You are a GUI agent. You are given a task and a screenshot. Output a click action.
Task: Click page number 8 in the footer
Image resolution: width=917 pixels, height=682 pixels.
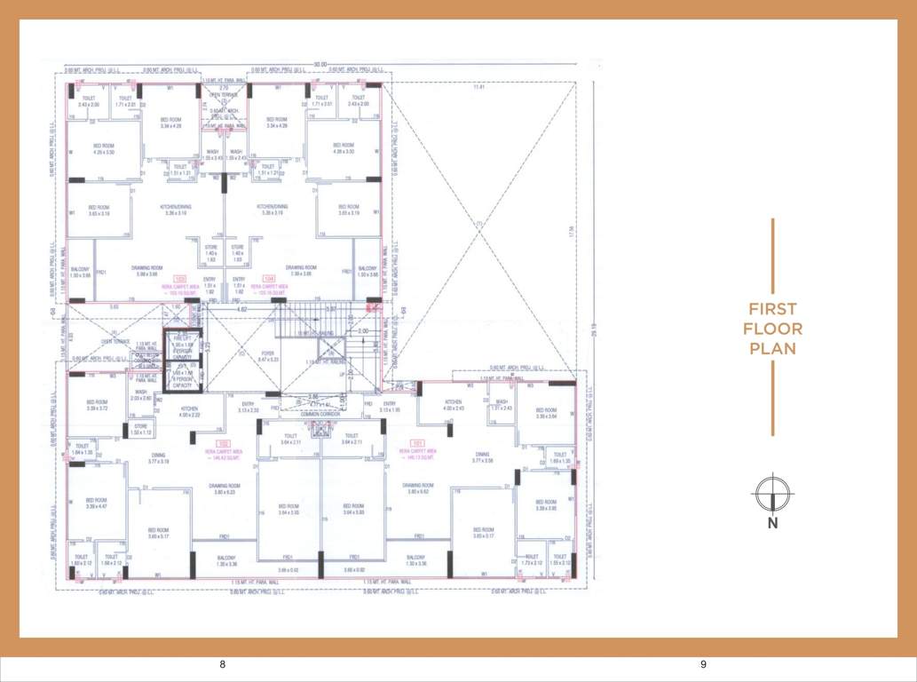tap(223, 664)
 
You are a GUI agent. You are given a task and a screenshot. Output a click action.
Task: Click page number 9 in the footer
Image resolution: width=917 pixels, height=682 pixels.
tap(702, 664)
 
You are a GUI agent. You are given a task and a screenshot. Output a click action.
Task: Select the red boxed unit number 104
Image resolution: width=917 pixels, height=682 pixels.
tap(269, 278)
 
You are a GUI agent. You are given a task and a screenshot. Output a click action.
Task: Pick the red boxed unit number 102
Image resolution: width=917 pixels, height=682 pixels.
tap(225, 442)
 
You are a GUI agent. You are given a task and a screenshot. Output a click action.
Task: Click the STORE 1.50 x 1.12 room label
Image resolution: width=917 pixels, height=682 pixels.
tap(141, 429)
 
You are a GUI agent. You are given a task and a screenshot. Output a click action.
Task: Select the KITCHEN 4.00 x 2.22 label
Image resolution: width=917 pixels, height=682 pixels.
tap(190, 411)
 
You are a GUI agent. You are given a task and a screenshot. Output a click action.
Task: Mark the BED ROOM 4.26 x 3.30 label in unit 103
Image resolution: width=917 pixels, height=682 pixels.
tap(104, 148)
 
